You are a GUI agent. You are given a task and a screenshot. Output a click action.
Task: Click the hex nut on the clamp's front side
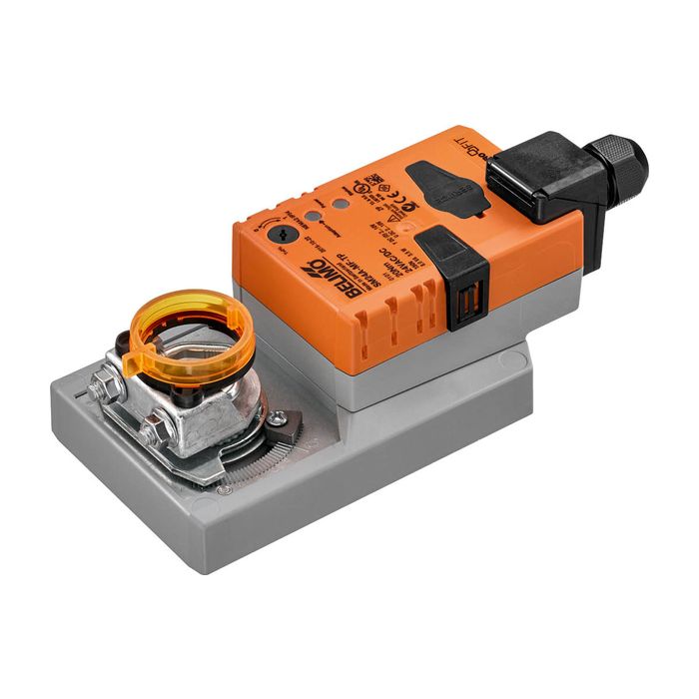(x=154, y=432)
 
